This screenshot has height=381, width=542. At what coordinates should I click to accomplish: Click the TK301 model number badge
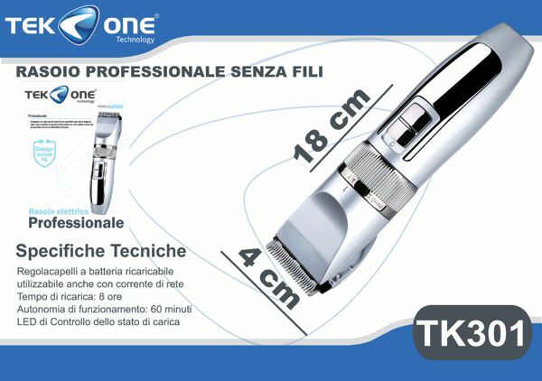coord(470,333)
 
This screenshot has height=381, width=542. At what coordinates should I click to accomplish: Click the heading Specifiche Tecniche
coord(100,250)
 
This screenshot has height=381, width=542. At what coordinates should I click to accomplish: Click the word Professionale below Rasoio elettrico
coord(75,222)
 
